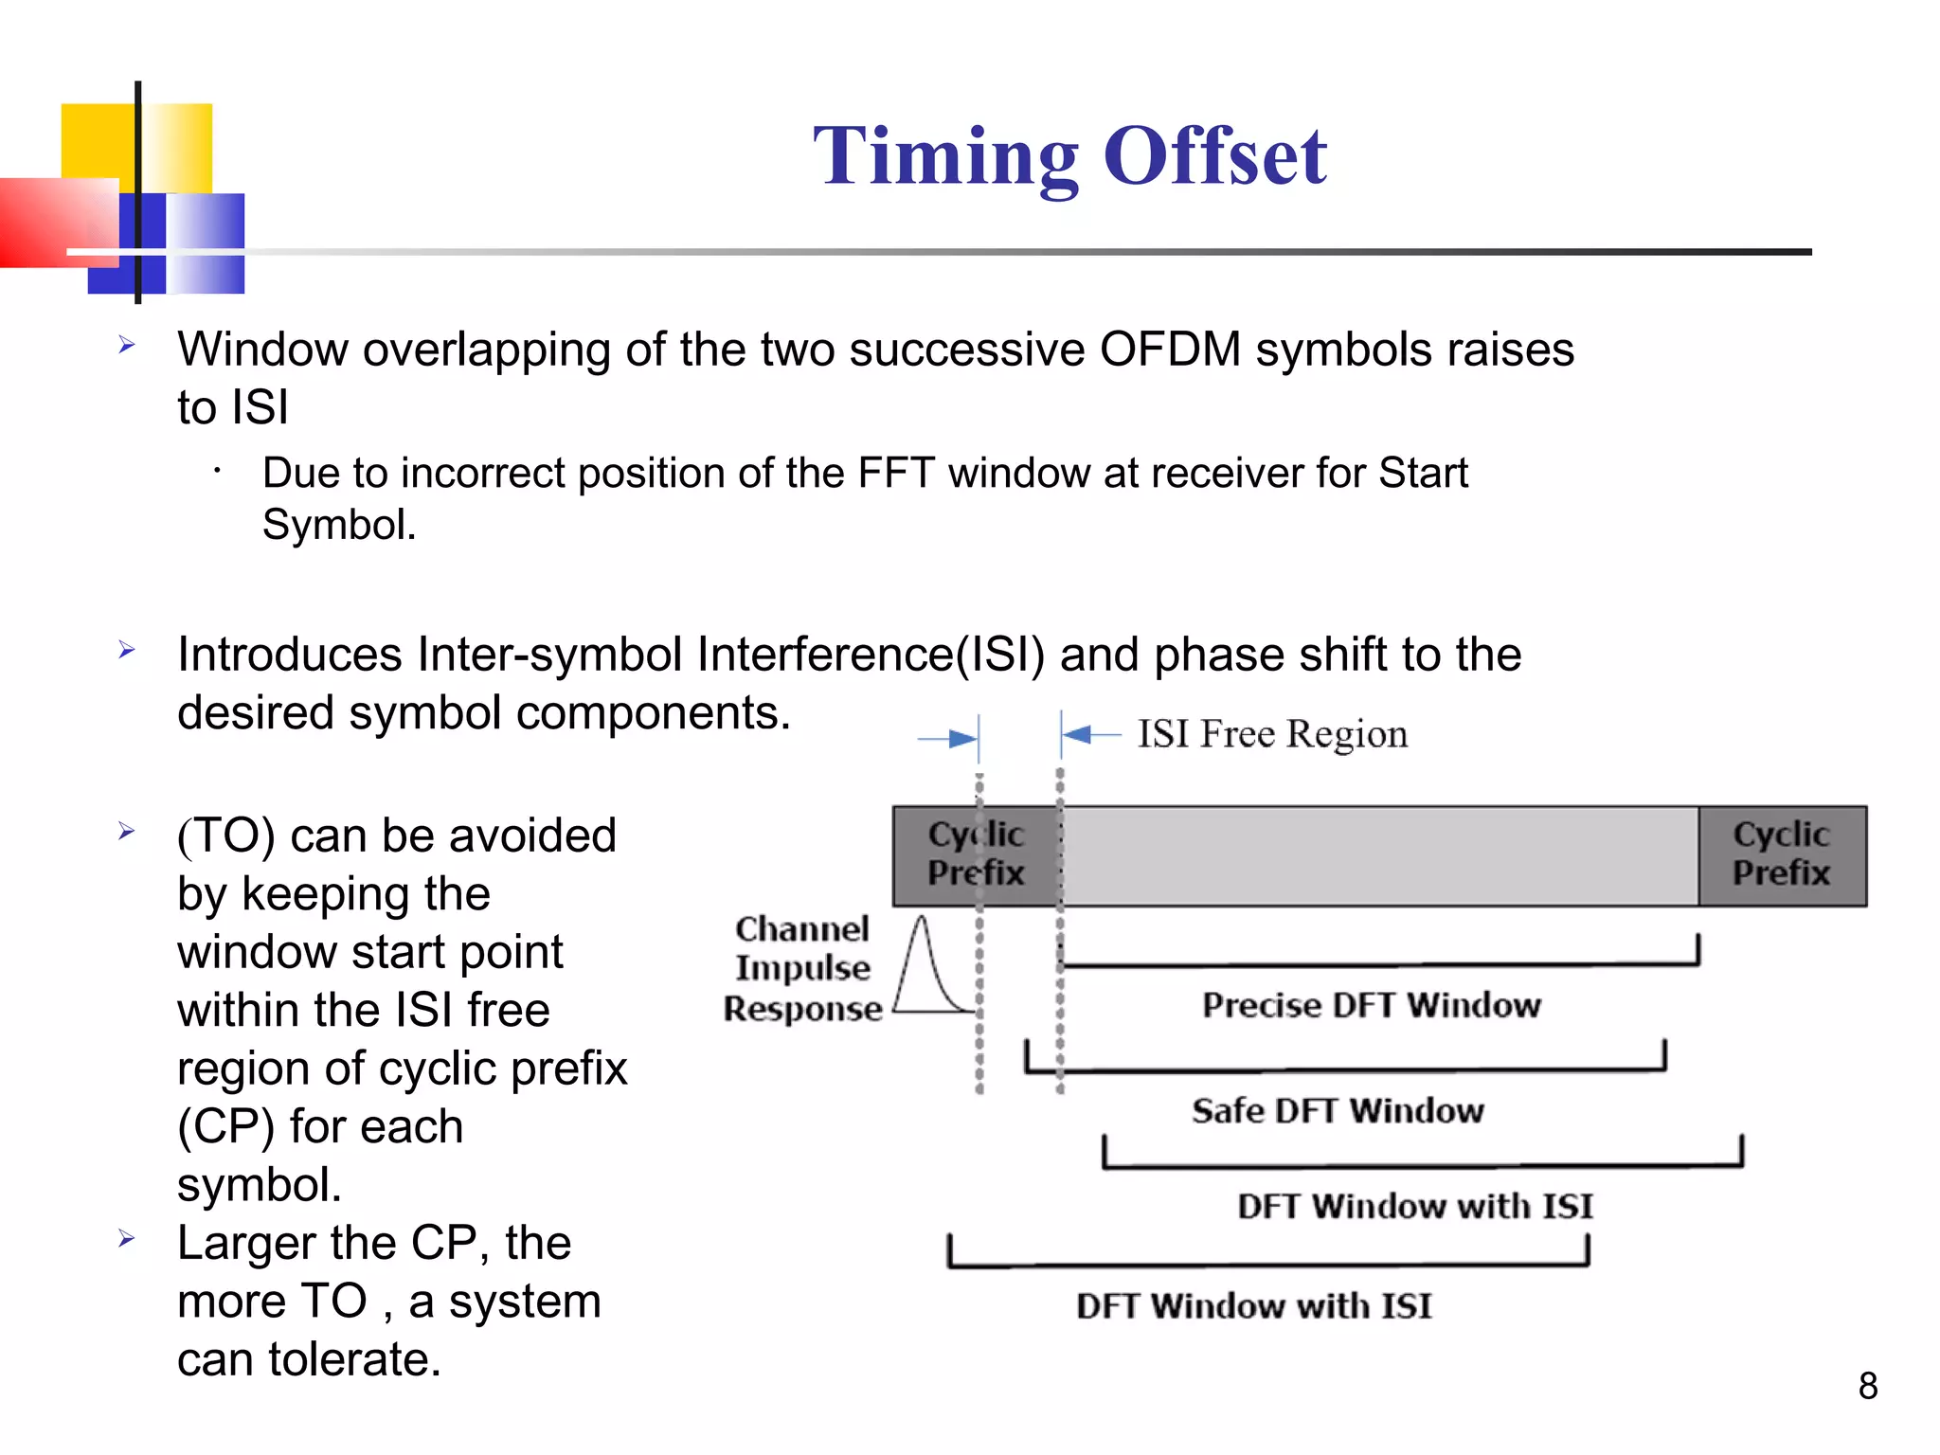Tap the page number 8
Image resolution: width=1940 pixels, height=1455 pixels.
click(1867, 1386)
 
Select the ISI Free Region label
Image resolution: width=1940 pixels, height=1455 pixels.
click(1271, 734)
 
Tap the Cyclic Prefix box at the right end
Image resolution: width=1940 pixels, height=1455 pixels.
click(1781, 854)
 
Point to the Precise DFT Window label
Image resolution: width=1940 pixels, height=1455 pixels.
click(1371, 1005)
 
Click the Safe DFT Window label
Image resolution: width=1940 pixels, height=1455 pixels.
click(1337, 1110)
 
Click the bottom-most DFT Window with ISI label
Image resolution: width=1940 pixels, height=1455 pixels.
click(1253, 1306)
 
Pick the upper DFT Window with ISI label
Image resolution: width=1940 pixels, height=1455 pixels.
click(1414, 1206)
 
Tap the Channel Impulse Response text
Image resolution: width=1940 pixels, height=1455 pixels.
click(802, 968)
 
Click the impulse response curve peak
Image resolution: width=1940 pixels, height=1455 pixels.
click(922, 921)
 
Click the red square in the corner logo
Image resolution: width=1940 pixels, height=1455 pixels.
click(52, 223)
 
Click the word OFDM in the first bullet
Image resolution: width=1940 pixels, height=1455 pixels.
click(1169, 350)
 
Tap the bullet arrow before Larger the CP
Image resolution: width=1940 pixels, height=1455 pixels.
click(127, 1239)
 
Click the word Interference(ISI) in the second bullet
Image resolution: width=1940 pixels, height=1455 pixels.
click(870, 655)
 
